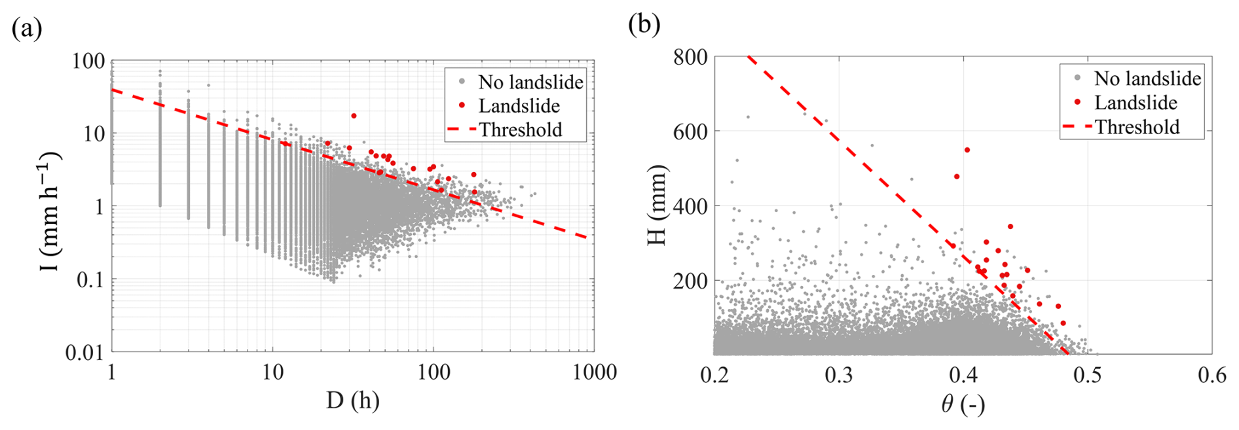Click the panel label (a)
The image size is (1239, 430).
[x=27, y=29]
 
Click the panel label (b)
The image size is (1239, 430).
[x=644, y=25]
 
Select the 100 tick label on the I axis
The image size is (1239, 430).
[x=89, y=61]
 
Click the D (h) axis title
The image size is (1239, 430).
[x=352, y=400]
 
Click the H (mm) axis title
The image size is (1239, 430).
[x=657, y=206]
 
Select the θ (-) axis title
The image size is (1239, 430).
[x=962, y=404]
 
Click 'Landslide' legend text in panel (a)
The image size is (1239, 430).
[x=519, y=106]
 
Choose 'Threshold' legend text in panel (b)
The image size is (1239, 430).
[x=1137, y=127]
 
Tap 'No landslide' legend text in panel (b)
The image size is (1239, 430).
[x=1147, y=79]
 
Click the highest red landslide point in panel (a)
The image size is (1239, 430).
[x=354, y=116]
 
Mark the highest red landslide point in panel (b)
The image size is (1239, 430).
[x=967, y=150]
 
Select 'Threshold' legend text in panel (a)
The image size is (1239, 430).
[x=521, y=130]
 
